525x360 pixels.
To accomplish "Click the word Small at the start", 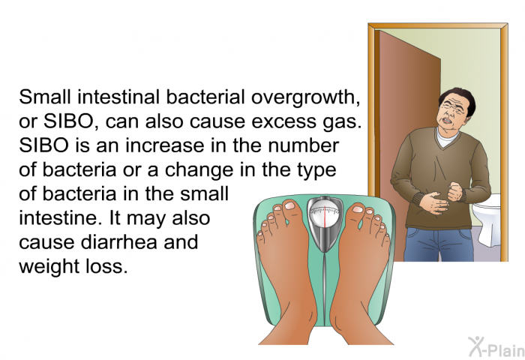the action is [45, 97].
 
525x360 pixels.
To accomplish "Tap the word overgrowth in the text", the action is [306, 98].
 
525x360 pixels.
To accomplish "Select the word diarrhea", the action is [118, 242].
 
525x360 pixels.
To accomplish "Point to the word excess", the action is [283, 122].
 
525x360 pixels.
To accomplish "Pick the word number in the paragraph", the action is [303, 145].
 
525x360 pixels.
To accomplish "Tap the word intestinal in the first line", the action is [118, 97].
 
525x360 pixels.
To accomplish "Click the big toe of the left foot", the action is [292, 206].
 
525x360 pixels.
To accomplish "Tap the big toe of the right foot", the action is [355, 210].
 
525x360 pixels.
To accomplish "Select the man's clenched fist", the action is [455, 191].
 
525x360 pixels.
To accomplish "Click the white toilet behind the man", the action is [487, 219].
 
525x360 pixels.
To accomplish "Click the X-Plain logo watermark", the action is [496, 346].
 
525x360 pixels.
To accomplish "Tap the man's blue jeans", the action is [439, 244].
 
